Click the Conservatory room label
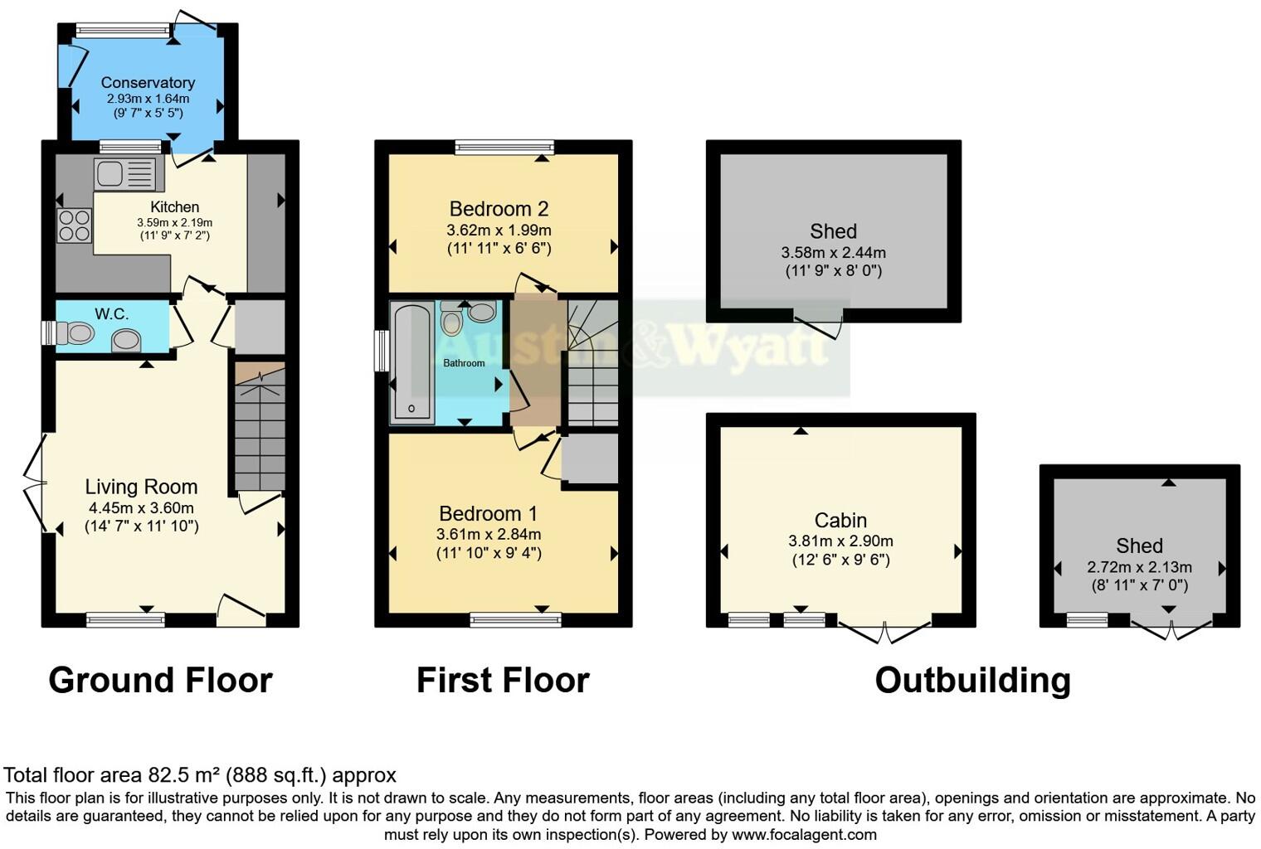coord(148,82)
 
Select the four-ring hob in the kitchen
coord(74,225)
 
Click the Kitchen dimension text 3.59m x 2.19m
coord(174,222)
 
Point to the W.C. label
coord(111,313)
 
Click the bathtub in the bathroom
coord(411,361)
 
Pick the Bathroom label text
coord(464,363)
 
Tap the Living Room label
coord(141,487)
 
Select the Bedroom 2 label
coord(499,209)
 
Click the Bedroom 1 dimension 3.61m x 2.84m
coord(489,534)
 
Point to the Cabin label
coord(840,520)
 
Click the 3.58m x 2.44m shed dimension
coord(833,252)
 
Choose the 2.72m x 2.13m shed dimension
coord(1139,567)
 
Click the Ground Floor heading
coord(160,680)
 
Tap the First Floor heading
coord(502,680)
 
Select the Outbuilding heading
coord(972,680)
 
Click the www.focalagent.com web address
coord(804,834)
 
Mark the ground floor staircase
coord(260,431)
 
